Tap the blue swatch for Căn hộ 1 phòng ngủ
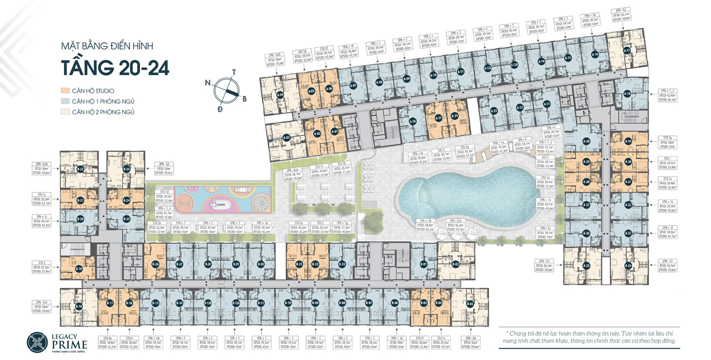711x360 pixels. point(65,102)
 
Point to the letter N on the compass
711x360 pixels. point(208,82)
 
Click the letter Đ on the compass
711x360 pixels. point(220,109)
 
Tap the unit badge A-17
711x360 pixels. point(627,51)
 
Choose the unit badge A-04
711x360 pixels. point(280,94)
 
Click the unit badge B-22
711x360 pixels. point(80,169)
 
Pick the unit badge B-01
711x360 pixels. point(424,264)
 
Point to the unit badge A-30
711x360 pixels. point(586,142)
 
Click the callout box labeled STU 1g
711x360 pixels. point(667,142)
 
